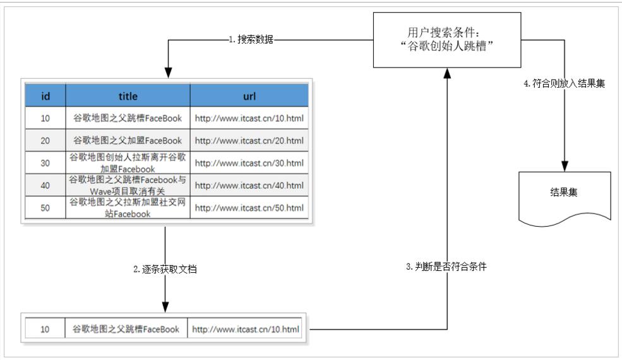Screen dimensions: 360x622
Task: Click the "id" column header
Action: click(45, 96)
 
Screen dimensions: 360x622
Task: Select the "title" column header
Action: click(128, 96)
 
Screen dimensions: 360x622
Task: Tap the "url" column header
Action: click(249, 96)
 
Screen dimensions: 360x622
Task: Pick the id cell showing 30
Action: click(45, 163)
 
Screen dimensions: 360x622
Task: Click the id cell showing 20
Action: click(45, 140)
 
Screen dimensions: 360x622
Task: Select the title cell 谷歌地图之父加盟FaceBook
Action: click(128, 140)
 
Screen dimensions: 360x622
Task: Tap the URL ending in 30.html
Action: click(249, 163)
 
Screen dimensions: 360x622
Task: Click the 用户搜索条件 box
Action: click(446, 40)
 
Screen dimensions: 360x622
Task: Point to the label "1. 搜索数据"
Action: click(251, 39)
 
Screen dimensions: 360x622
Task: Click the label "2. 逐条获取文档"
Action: click(165, 269)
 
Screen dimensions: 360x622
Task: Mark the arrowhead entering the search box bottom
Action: click(446, 73)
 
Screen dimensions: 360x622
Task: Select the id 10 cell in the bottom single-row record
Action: click(45, 329)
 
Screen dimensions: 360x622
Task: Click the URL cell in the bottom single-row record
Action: click(245, 329)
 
